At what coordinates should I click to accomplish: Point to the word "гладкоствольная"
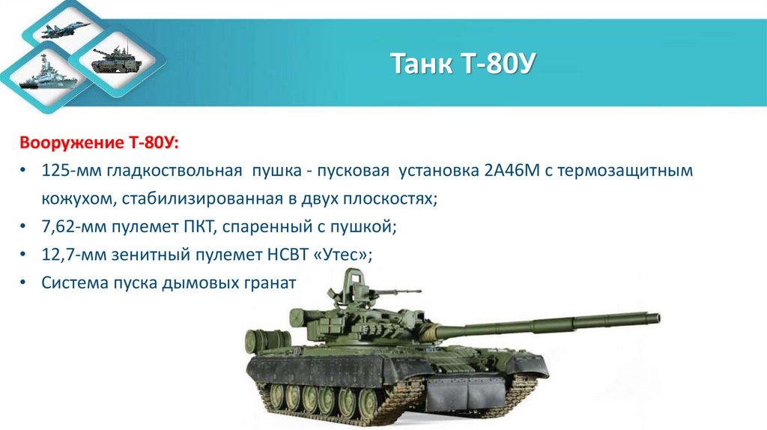pyautogui.click(x=174, y=171)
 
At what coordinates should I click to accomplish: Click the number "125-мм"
pyautogui.click(x=71, y=171)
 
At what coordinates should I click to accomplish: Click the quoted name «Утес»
pyautogui.click(x=342, y=255)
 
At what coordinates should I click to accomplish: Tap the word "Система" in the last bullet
pyautogui.click(x=75, y=284)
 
